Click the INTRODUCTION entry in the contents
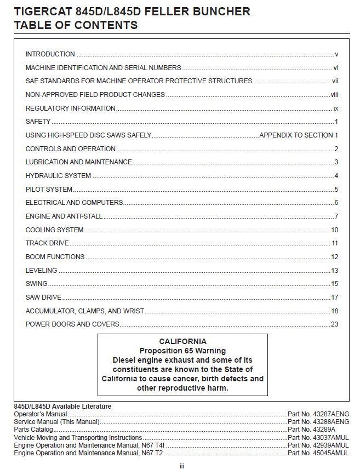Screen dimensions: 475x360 (50, 54)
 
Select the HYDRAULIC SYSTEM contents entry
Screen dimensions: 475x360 (58, 176)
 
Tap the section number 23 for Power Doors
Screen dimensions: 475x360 (334, 324)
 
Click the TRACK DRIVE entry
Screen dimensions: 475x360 (47, 243)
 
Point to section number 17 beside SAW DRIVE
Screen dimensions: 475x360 (334, 297)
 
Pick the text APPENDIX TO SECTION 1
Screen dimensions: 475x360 (299, 135)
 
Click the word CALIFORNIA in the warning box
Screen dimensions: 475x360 (182, 341)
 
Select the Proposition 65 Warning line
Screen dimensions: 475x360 (182, 351)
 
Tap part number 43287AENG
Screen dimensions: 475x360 (318, 414)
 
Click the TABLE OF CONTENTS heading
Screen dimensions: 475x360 (76, 25)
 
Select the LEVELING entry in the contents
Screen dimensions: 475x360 (41, 271)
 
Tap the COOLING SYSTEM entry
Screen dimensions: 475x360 (55, 230)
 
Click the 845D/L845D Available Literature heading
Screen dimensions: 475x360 (62, 407)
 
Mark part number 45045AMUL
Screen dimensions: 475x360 (318, 453)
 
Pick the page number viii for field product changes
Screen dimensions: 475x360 (334, 95)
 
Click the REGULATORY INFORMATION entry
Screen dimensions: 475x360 (70, 108)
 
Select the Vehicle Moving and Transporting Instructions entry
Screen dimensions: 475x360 (78, 438)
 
